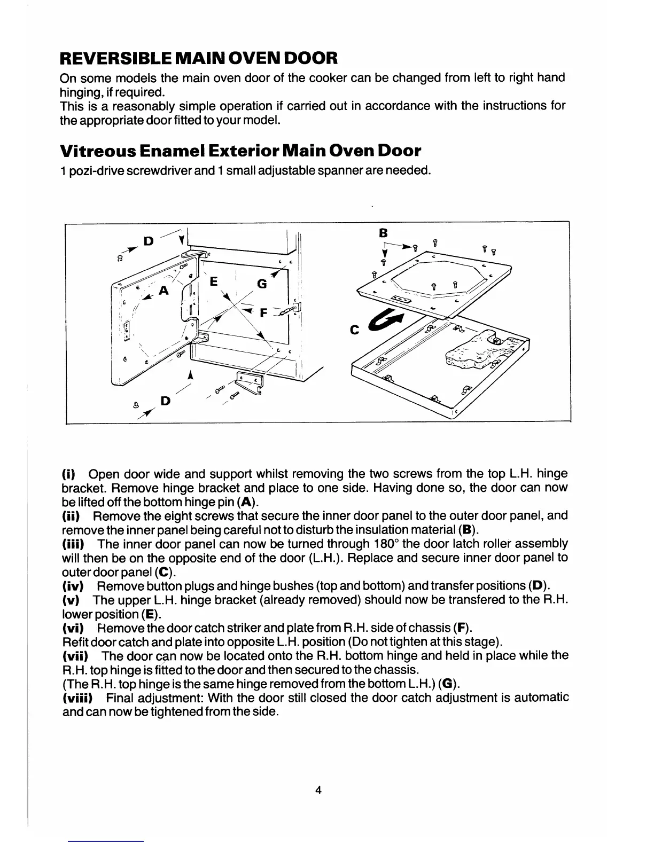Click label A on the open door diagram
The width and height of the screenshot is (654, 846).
(x=163, y=290)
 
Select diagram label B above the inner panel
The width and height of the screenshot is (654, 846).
(x=383, y=233)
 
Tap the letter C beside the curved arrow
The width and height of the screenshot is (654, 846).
(x=354, y=331)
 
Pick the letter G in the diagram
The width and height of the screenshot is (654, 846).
(x=262, y=285)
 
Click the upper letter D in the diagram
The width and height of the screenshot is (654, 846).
(x=149, y=241)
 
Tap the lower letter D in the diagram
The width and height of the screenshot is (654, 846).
(x=165, y=400)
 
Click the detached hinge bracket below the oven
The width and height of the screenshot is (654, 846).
(x=250, y=381)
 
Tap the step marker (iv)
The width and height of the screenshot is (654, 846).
(x=72, y=585)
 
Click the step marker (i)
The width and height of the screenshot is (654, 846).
(x=68, y=474)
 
